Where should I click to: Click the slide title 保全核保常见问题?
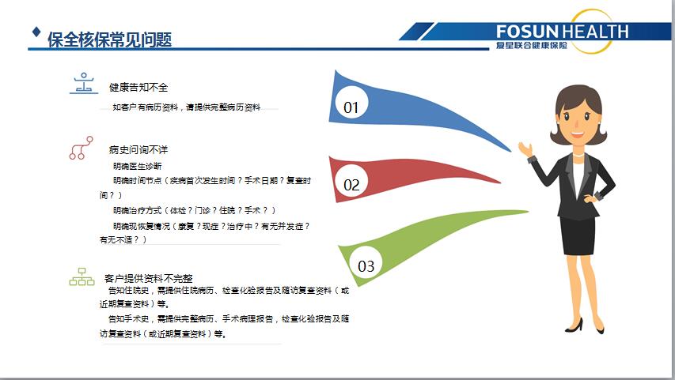(110, 40)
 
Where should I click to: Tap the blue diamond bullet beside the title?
(36, 32)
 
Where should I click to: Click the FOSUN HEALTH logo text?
(562, 32)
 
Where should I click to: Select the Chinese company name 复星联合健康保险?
(531, 45)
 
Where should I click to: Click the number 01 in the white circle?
(351, 107)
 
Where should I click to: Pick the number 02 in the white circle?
(351, 186)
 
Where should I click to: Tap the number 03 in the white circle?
(366, 266)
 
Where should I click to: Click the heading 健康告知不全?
(138, 87)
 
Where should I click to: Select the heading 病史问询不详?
(138, 149)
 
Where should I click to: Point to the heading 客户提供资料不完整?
(149, 278)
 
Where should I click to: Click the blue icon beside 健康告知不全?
(84, 84)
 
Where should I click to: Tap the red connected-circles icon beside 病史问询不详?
(81, 148)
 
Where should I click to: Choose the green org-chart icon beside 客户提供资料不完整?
(82, 277)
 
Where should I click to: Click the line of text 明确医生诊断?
(138, 166)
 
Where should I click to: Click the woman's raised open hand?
(525, 149)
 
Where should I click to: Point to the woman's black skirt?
(578, 235)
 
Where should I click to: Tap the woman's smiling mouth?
(577, 134)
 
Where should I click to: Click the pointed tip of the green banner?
(528, 211)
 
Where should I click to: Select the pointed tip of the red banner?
(500, 182)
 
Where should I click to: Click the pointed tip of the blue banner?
(510, 151)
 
